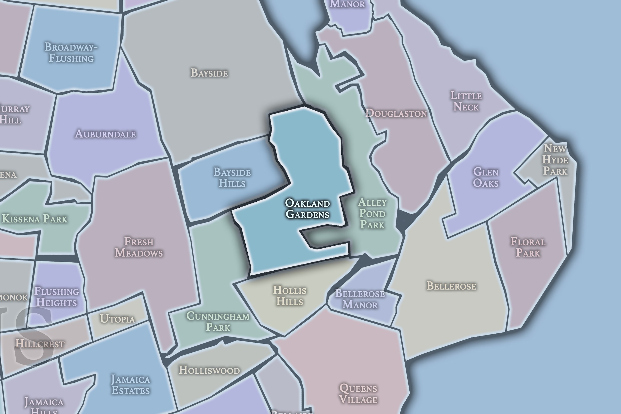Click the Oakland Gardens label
307,209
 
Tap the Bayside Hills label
232,178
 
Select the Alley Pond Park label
372,214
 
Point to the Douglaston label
396,113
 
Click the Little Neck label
466,101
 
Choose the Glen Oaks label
486,177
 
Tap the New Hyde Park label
555,160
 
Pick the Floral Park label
528,247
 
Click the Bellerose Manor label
360,299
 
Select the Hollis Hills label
290,296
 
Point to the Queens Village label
358,394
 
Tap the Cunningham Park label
218,322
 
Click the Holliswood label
209,370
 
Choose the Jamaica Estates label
131,385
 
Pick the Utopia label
117,319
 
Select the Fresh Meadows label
139,247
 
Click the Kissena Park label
35,219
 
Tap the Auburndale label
105,134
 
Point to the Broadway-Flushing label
71,53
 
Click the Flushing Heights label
56,297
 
